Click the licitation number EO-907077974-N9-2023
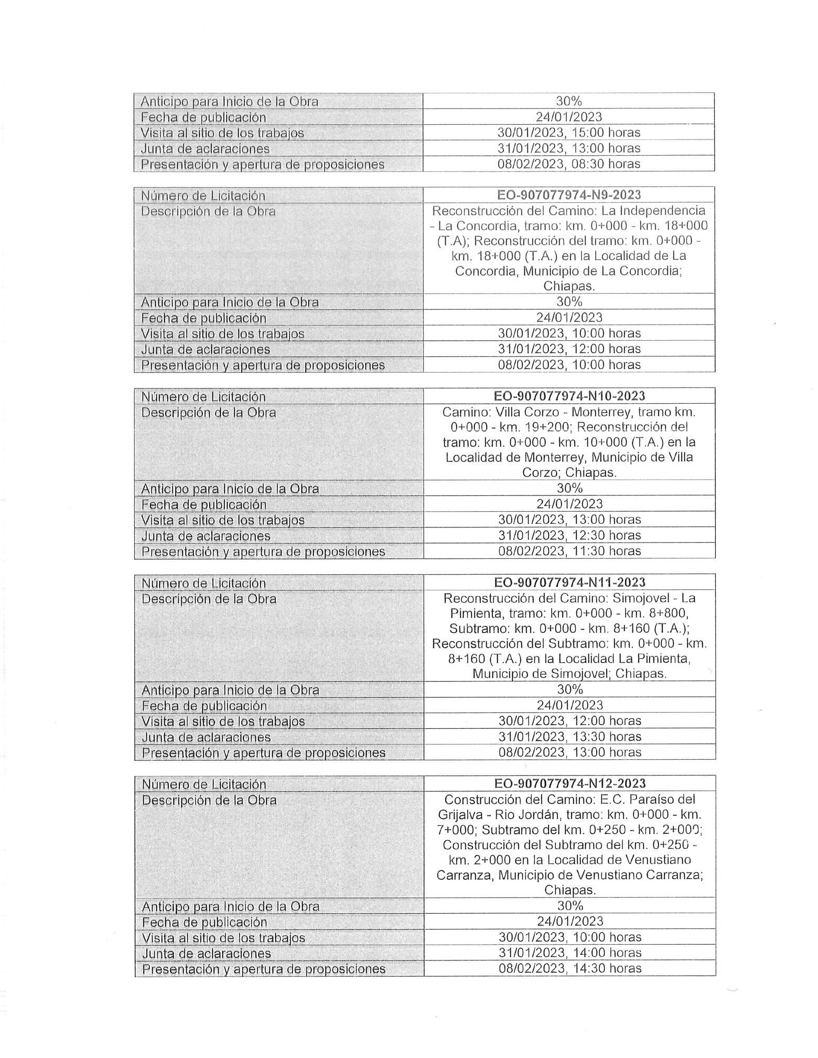click(569, 195)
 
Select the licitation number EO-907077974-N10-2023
click(569, 396)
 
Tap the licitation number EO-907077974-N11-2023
click(569, 582)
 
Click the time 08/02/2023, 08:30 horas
click(569, 164)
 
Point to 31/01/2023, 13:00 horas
click(569, 148)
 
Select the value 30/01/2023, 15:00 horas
click(569, 133)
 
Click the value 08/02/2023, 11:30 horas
click(569, 550)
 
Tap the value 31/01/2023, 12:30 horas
click(569, 535)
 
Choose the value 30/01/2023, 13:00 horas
click(569, 520)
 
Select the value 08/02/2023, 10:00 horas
click(569, 364)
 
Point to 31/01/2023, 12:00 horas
click(569, 349)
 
